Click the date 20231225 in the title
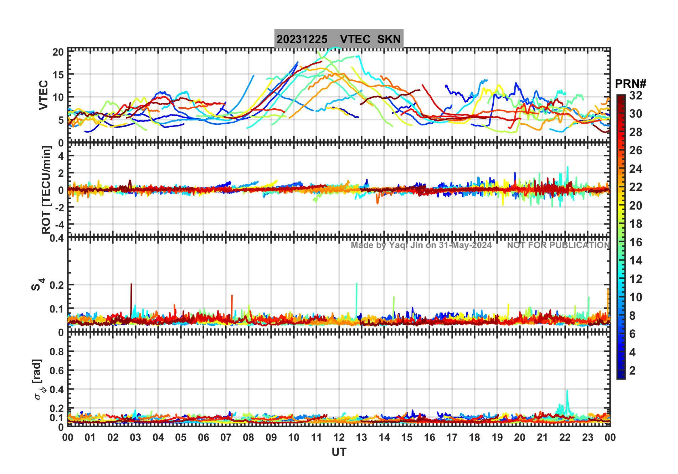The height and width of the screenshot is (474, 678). pyautogui.click(x=302, y=39)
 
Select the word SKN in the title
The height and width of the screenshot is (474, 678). pyautogui.click(x=389, y=39)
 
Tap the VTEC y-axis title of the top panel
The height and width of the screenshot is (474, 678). pyautogui.click(x=43, y=95)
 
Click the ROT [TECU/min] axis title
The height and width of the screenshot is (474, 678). pyautogui.click(x=46, y=190)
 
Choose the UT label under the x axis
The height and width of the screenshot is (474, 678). pyautogui.click(x=339, y=452)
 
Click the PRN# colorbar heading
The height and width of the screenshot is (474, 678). pyautogui.click(x=630, y=84)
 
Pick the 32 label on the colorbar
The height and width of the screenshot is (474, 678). pyautogui.click(x=636, y=96)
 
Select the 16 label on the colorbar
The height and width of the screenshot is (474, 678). pyautogui.click(x=636, y=242)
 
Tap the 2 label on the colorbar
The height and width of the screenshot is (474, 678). pyautogui.click(x=632, y=371)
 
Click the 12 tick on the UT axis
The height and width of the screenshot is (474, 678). pyautogui.click(x=339, y=437)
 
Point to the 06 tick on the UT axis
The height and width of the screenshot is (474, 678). pyautogui.click(x=203, y=437)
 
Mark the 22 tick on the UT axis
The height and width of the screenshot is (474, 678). pyautogui.click(x=565, y=437)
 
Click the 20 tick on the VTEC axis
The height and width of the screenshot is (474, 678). pyautogui.click(x=58, y=52)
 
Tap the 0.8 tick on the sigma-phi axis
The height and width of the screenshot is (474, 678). pyautogui.click(x=57, y=352)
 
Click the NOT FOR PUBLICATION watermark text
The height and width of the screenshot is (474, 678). pyautogui.click(x=558, y=245)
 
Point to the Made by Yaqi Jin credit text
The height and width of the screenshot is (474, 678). pyautogui.click(x=421, y=245)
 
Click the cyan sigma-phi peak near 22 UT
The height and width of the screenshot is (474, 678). pyautogui.click(x=567, y=391)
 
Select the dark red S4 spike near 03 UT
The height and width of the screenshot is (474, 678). pyautogui.click(x=131, y=285)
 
